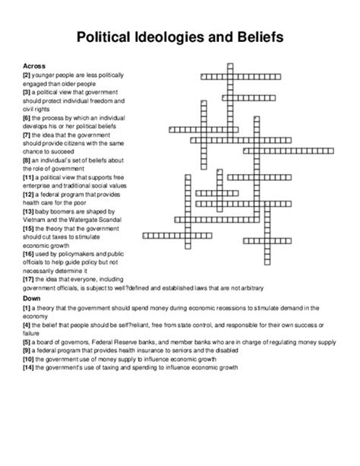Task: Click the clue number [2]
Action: click(x=27, y=75)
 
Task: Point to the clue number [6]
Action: click(x=27, y=117)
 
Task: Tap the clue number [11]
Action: click(x=29, y=176)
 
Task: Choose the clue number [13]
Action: click(x=29, y=211)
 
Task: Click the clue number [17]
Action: click(x=29, y=280)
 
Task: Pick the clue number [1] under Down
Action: click(x=27, y=308)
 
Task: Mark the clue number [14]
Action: click(x=29, y=366)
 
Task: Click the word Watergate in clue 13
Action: click(x=89, y=219)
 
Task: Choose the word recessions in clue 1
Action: click(x=209, y=308)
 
